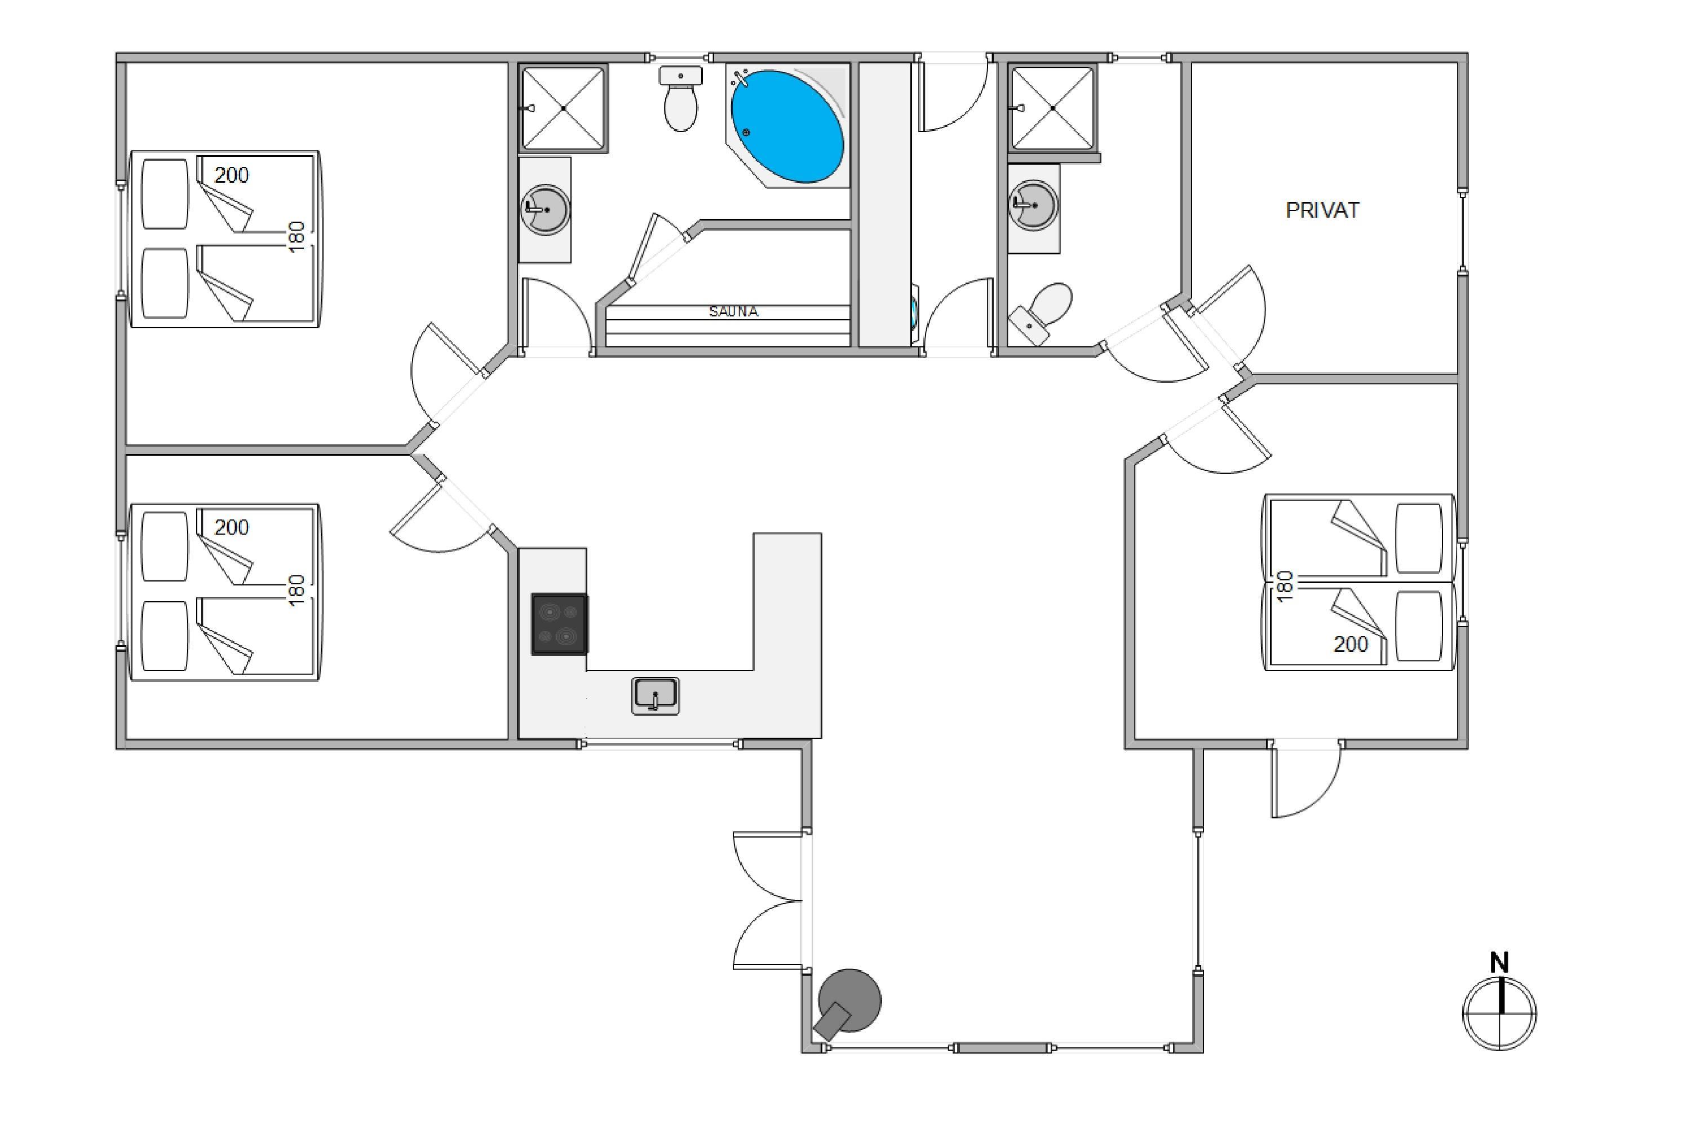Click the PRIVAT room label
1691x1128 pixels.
tap(1322, 210)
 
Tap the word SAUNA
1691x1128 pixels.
tap(733, 311)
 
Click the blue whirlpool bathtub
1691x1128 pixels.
tap(787, 126)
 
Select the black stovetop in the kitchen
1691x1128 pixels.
tap(559, 624)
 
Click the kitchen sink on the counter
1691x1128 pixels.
tap(655, 695)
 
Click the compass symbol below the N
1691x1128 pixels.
tap(1500, 1013)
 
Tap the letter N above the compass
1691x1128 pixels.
tap(1499, 962)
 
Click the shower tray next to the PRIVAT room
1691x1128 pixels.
tap(1052, 108)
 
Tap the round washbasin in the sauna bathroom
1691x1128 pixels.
tap(545, 209)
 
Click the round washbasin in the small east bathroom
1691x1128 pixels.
tap(1034, 205)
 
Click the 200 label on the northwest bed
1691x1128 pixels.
tap(232, 175)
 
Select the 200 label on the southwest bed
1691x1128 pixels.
tap(232, 527)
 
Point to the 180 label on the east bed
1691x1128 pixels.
tap(1286, 587)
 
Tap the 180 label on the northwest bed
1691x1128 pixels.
tap(296, 237)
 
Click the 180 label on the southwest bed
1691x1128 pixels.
tap(296, 591)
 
